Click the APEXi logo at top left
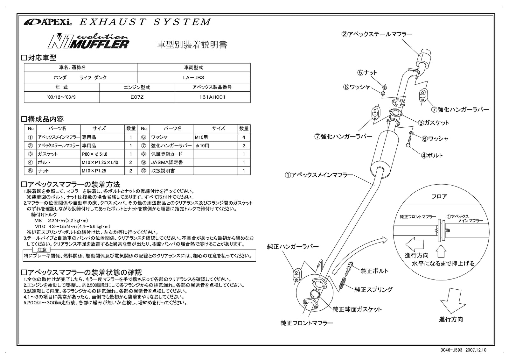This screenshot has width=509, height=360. (48, 22)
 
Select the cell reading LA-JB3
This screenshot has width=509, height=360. (193, 77)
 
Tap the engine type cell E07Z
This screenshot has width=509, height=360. (137, 97)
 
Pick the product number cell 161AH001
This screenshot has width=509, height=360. (212, 97)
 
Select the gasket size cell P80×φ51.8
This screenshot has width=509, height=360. (95, 154)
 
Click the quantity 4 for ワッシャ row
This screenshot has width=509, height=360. (244, 138)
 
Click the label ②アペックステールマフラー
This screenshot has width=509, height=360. (377, 34)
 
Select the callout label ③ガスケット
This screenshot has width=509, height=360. (433, 123)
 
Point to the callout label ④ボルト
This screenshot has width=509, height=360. (432, 155)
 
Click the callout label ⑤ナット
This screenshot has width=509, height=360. (367, 73)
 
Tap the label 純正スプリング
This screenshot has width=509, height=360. (373, 290)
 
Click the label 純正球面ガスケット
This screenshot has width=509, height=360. (357, 309)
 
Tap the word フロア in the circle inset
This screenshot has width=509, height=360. (439, 197)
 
